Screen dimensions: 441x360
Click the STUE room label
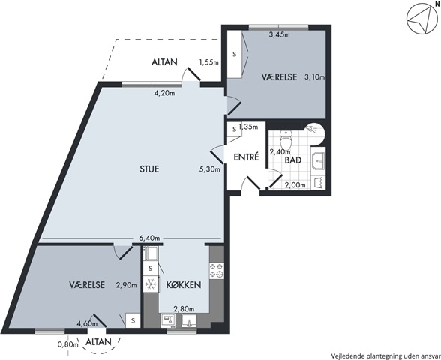tap(149, 169)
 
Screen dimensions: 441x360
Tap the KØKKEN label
tap(183, 285)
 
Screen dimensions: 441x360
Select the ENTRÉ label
tap(246, 157)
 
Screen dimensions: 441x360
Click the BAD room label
tap(293, 160)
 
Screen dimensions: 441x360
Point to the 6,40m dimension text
tap(149, 238)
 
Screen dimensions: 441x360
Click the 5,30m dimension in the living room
tap(209, 169)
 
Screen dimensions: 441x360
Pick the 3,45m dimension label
tap(280, 34)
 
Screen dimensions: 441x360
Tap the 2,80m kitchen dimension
tap(184, 309)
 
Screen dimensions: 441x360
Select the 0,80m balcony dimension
tap(67, 344)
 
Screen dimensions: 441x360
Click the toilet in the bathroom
tap(286, 139)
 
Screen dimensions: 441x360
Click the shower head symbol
tap(311, 128)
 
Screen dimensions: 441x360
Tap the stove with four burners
tap(217, 270)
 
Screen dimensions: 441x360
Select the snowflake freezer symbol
tap(151, 284)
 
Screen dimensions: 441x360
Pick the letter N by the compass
tap(436, 4)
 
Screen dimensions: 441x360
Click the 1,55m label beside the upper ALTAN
tap(208, 62)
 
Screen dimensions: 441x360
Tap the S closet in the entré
tap(234, 130)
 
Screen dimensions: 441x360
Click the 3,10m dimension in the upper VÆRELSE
tap(315, 76)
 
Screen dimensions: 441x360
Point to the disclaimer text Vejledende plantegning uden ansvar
tap(385, 355)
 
